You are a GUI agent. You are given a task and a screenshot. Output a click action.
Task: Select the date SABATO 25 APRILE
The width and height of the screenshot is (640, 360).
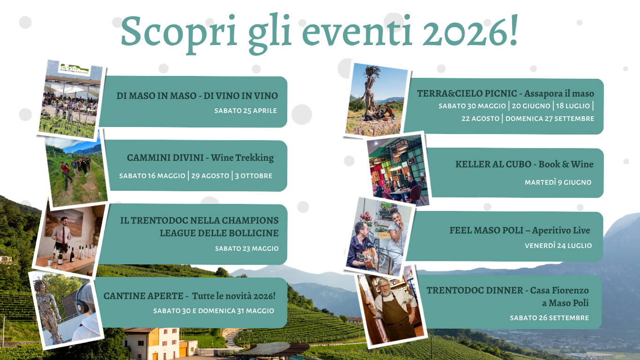coord(246,111)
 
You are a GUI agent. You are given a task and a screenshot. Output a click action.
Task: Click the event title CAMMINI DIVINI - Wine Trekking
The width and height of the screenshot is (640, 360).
coord(200,158)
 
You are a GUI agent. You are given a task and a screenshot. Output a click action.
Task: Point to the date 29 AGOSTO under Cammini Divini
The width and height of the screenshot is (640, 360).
coord(210,176)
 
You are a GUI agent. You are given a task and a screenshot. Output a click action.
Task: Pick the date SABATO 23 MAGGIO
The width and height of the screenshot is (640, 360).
coord(246,248)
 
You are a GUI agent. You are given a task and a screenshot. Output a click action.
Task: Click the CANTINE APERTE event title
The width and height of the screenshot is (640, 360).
coord(189,296)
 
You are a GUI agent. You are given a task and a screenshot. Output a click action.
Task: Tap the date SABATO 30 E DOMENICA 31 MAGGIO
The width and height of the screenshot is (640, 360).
coord(214,311)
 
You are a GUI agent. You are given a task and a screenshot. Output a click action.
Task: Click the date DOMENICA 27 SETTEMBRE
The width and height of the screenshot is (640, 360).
coord(550,119)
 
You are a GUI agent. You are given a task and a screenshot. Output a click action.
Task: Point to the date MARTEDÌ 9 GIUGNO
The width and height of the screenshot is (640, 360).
coord(558,182)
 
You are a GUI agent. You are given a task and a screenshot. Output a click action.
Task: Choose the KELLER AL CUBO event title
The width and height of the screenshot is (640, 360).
coord(524,165)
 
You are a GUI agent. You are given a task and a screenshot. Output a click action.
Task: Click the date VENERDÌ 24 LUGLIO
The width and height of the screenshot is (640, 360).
coord(558,245)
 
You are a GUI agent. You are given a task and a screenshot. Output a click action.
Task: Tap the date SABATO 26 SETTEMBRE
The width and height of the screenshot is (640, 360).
coord(549,318)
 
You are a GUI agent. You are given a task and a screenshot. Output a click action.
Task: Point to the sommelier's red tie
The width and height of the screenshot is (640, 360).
coord(63,236)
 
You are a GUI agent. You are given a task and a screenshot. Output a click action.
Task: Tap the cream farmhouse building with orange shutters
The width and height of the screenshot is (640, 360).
coord(151,343)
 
